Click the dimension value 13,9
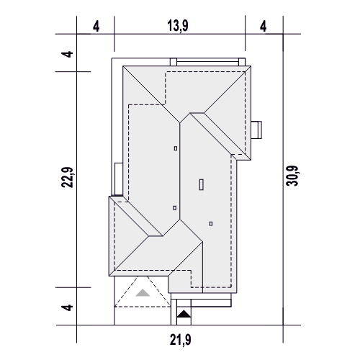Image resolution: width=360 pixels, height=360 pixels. [178, 26]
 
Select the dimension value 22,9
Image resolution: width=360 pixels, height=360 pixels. [67, 177]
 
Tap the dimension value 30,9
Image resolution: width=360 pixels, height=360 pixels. [292, 176]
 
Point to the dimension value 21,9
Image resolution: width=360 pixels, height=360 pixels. [181, 340]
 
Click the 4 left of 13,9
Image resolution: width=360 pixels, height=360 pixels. [96, 27]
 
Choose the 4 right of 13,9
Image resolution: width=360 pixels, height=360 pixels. [263, 27]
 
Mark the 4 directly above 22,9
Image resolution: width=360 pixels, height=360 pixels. [67, 54]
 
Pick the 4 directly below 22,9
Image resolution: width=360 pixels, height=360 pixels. [67, 307]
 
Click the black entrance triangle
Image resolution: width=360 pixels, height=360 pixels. [184, 314]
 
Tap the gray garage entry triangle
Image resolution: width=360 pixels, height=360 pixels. [143, 292]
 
